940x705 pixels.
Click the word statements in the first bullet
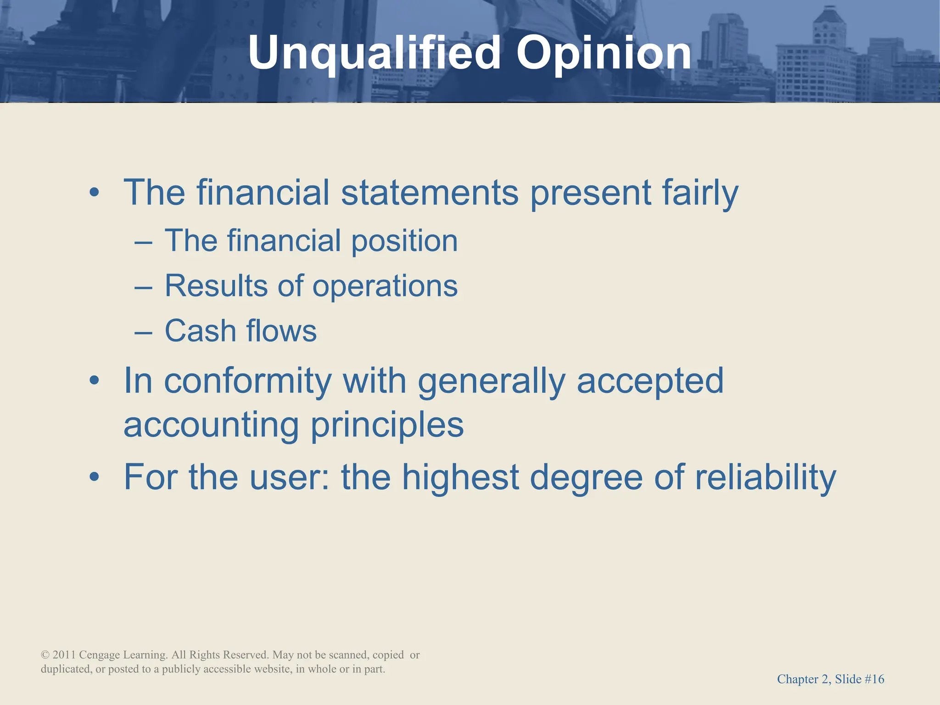click(x=430, y=193)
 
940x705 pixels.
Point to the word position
click(x=404, y=241)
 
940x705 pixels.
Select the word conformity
click(x=248, y=381)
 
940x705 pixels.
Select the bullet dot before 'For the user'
click(x=94, y=477)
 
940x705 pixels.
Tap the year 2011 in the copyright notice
click(x=64, y=655)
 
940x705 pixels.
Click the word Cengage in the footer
click(x=99, y=655)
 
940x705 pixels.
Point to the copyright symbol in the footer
click(x=45, y=655)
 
